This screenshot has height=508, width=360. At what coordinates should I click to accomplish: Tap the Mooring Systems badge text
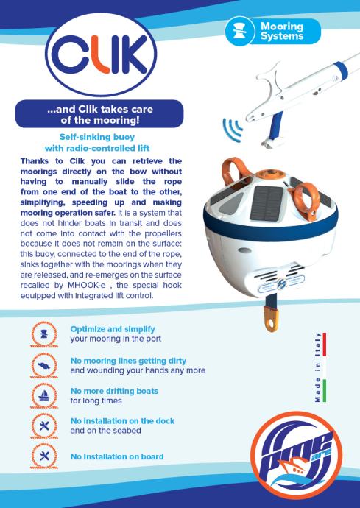click(282, 31)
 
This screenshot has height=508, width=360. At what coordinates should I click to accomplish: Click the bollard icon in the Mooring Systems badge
click(239, 31)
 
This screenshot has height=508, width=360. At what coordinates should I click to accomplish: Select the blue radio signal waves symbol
click(233, 130)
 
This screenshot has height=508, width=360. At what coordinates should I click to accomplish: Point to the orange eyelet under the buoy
click(271, 319)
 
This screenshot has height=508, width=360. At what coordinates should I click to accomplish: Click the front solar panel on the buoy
click(267, 203)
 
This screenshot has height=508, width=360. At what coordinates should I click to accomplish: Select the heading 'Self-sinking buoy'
click(97, 137)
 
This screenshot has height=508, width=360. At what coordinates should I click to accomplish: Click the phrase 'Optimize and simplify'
click(113, 329)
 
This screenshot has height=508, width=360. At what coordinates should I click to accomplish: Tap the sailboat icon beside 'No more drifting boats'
click(44, 395)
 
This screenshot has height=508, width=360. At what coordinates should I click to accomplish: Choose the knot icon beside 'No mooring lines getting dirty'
click(44, 365)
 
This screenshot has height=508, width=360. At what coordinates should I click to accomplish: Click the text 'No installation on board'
click(117, 456)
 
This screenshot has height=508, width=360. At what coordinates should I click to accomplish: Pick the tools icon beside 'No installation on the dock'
click(44, 426)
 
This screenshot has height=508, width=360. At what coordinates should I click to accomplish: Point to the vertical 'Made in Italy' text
click(318, 367)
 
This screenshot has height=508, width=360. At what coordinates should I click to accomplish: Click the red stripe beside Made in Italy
click(325, 344)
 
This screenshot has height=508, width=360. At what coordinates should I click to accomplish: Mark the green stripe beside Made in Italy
click(325, 391)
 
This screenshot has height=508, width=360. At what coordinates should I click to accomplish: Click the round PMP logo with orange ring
click(297, 455)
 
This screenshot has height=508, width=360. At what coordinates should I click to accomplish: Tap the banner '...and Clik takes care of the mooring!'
click(99, 114)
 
